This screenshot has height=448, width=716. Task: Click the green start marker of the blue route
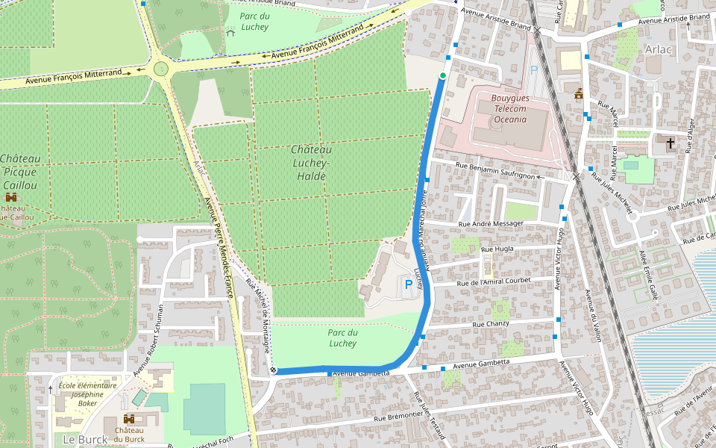(x=443, y=75)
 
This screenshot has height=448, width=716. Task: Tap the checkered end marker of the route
(x=273, y=370)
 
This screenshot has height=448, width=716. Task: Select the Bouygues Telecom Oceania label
(x=510, y=109)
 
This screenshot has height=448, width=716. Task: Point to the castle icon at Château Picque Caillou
(x=11, y=197)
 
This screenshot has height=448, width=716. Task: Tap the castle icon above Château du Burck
(x=129, y=419)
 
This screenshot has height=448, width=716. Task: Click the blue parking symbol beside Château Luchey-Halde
(x=408, y=284)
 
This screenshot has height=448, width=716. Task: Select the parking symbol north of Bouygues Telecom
(x=533, y=70)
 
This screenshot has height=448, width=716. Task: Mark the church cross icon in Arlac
(x=670, y=142)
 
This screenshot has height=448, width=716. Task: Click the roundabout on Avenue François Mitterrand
(x=160, y=69)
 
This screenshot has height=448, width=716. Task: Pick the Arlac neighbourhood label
(x=659, y=49)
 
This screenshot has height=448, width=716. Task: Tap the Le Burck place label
(x=85, y=439)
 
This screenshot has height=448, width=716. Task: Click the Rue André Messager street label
(x=491, y=223)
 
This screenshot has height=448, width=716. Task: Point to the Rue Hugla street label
(x=497, y=249)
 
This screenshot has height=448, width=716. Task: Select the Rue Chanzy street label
(x=490, y=324)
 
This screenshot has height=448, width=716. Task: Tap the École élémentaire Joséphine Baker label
(x=87, y=394)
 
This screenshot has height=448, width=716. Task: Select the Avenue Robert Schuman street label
(x=148, y=339)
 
